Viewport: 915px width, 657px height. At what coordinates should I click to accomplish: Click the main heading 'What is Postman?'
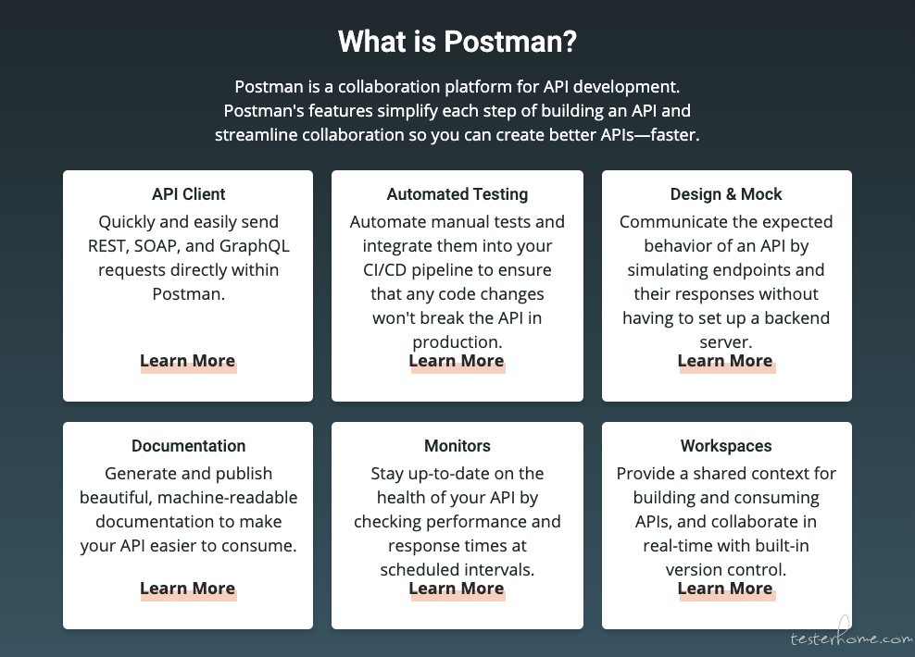click(457, 42)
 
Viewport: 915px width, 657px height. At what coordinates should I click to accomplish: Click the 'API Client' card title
click(189, 194)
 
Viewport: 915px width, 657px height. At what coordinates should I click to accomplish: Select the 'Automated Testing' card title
click(457, 194)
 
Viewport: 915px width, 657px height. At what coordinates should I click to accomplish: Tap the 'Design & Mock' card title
click(726, 194)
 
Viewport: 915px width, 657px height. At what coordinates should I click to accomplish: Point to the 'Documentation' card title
click(189, 446)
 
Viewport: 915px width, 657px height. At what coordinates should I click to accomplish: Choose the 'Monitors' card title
click(457, 446)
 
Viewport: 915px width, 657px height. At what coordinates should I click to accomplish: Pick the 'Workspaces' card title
click(726, 446)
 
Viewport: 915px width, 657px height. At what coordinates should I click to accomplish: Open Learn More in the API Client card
click(188, 361)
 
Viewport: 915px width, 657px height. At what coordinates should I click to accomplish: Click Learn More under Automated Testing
click(457, 361)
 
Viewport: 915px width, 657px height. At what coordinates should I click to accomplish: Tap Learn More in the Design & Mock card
click(725, 361)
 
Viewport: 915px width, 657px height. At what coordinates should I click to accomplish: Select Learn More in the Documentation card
click(188, 589)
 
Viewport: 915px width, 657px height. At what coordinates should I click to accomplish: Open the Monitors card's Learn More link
click(457, 589)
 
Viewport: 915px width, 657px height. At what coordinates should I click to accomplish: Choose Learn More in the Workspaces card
click(725, 589)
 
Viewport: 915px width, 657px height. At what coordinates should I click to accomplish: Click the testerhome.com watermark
click(852, 637)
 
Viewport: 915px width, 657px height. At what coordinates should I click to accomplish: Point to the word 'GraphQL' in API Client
click(255, 246)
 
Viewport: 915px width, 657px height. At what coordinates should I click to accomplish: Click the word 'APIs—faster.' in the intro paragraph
click(650, 135)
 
